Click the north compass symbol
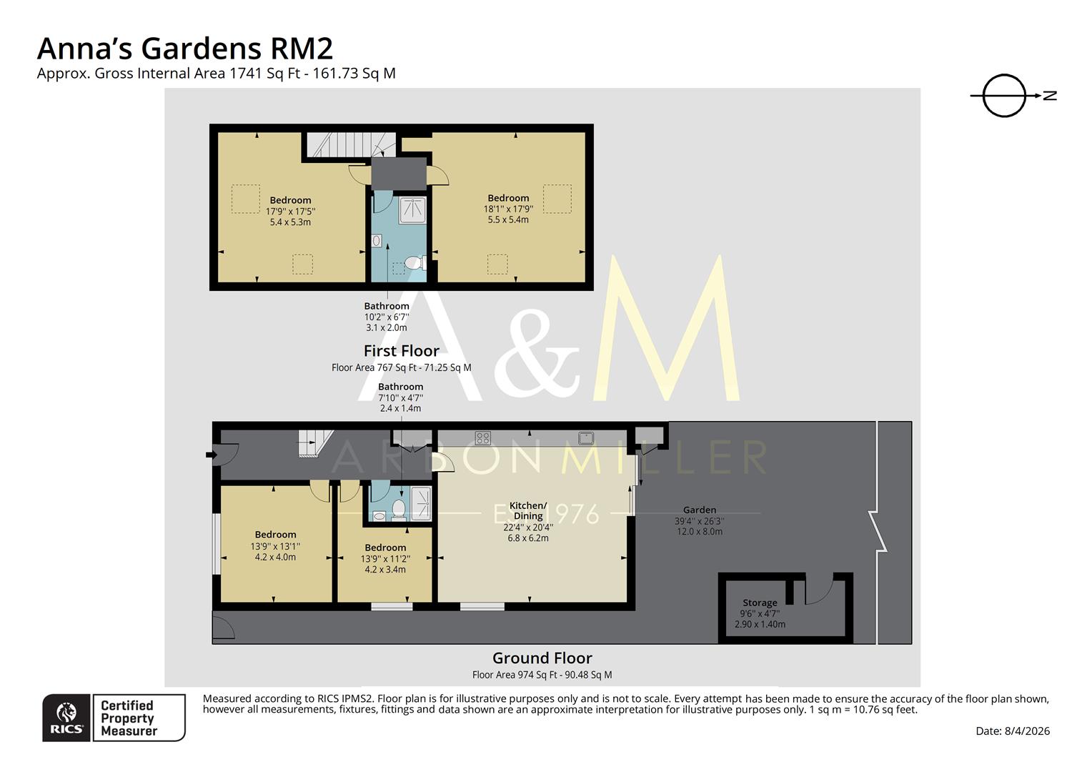1004,95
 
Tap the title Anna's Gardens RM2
184,49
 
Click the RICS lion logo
66,717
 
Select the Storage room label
760,603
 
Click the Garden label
699,510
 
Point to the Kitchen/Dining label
528,510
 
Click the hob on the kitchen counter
483,437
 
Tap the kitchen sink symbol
587,437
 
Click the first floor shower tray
412,210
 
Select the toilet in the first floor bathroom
415,265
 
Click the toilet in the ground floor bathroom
399,509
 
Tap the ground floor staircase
312,442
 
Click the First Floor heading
401,351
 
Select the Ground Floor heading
542,658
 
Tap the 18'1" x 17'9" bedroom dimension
508,209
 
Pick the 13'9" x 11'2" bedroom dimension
385,559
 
